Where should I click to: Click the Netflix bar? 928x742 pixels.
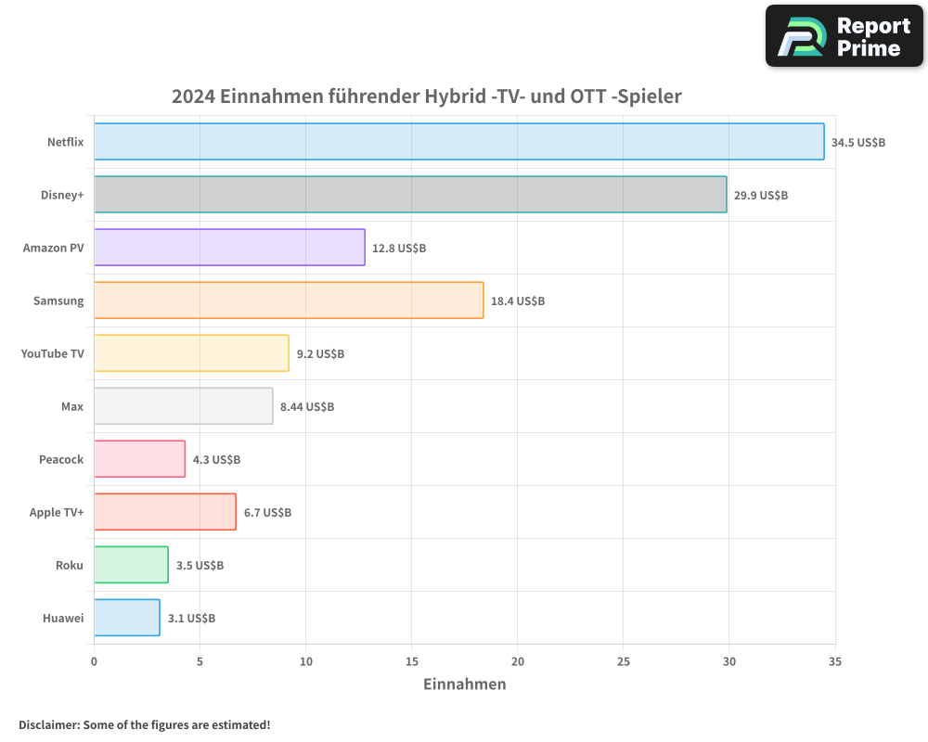(x=458, y=142)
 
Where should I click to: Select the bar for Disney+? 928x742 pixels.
(x=410, y=195)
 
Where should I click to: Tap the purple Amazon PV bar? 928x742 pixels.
(x=229, y=248)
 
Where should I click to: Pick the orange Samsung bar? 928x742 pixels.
(x=289, y=301)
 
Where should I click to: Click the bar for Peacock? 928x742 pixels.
(x=139, y=459)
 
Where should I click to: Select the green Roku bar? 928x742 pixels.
(x=131, y=565)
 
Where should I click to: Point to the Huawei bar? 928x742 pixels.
(x=126, y=618)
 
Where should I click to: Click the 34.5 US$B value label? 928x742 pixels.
(x=858, y=142)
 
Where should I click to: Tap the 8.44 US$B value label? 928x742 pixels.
(x=307, y=406)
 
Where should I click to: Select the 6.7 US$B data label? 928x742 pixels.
(x=267, y=512)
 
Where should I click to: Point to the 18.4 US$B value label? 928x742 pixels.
(x=518, y=301)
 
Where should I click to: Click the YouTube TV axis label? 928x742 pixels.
(x=52, y=353)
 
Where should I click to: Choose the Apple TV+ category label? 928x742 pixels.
(x=57, y=512)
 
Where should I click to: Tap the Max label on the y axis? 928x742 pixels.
(x=71, y=406)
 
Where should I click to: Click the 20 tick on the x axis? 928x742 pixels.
(x=518, y=661)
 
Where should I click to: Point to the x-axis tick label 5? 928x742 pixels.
(x=200, y=661)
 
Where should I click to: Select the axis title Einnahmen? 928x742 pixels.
(x=465, y=684)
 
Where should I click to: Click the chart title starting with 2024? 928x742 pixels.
(x=427, y=96)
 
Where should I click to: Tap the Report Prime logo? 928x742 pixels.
(x=844, y=36)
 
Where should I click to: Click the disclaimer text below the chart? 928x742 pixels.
(x=145, y=724)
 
